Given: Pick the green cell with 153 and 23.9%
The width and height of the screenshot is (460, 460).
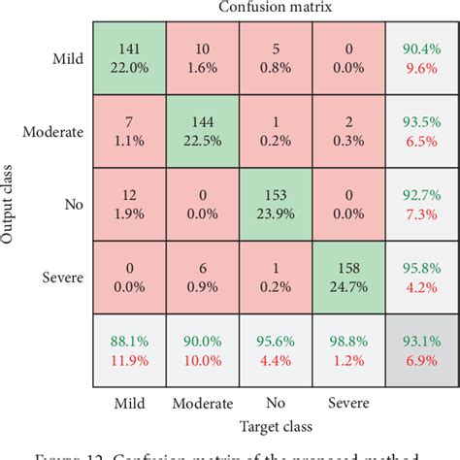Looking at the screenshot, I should point(275,203).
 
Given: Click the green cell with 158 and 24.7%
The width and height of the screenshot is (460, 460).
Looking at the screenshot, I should point(347,276).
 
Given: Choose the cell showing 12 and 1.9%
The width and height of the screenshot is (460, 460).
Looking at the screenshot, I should point(129,203).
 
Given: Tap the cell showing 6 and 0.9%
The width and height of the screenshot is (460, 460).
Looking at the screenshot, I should point(202,276).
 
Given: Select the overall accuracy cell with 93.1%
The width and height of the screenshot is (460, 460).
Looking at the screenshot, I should point(420,348).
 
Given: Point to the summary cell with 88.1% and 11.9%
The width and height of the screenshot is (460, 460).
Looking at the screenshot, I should point(129,348).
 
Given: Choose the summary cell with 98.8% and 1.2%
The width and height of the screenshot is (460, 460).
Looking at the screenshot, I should point(347,348).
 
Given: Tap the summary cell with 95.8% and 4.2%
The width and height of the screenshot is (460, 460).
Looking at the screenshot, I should point(420,276).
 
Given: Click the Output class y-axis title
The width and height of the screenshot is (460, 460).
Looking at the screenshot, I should point(9,203).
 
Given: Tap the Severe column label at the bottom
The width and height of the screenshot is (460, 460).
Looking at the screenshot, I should point(346,401).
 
